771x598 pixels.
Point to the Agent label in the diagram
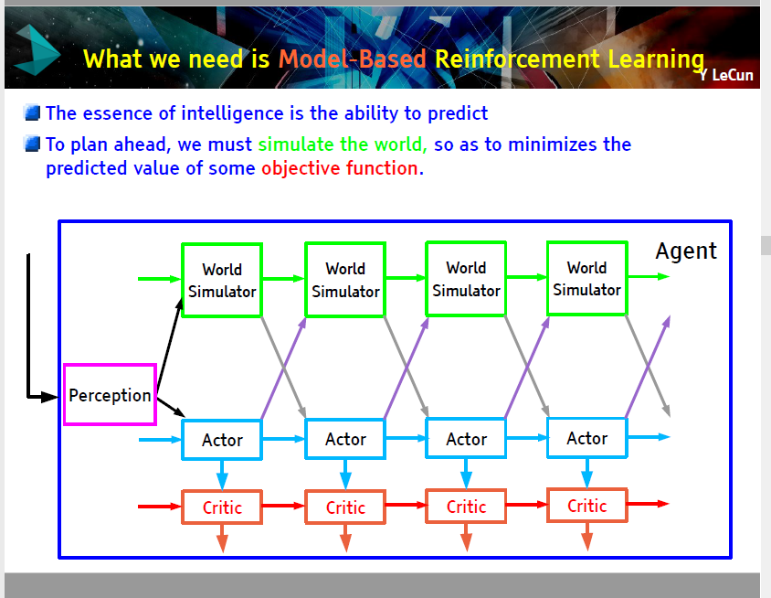pyautogui.click(x=686, y=251)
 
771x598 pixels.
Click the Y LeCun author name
pyautogui.click(x=726, y=75)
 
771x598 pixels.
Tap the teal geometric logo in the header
pyautogui.click(x=37, y=50)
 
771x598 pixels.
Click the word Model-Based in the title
pyautogui.click(x=352, y=59)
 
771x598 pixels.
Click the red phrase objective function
pyautogui.click(x=343, y=168)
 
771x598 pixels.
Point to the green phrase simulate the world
pyautogui.click(x=343, y=144)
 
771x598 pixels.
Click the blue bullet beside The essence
pyautogui.click(x=32, y=112)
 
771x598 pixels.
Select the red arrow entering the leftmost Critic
pyautogui.click(x=160, y=507)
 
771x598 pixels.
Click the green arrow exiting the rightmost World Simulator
pyautogui.click(x=650, y=277)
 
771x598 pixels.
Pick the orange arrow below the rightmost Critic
pyautogui.click(x=587, y=537)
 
